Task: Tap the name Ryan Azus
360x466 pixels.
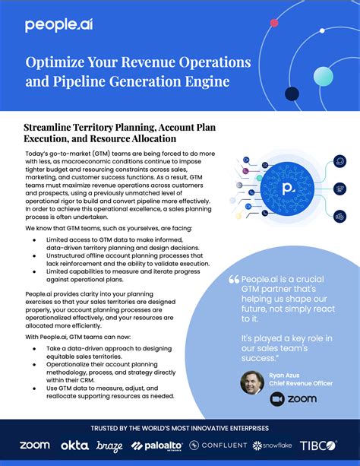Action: (284, 376)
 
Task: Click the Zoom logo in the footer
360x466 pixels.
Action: (34, 445)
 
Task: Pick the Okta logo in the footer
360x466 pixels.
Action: (74, 445)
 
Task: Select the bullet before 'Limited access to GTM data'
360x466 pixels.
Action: (36, 239)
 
